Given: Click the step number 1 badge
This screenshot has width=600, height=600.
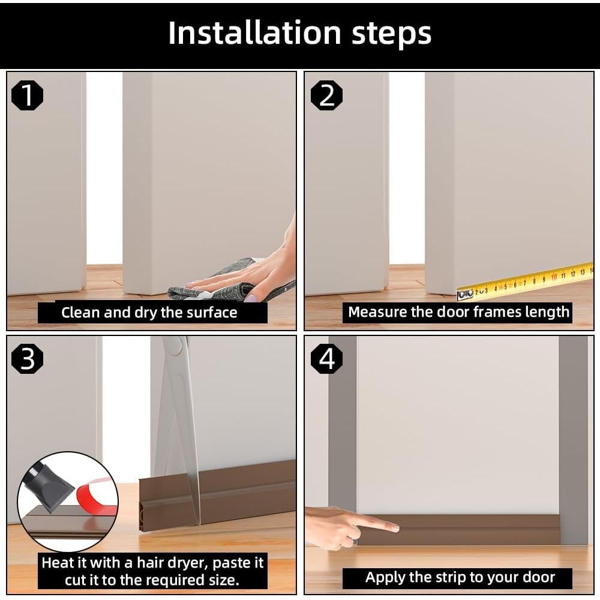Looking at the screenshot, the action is pos(27,95).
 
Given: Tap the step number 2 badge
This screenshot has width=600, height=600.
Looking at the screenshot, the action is pos(326,95).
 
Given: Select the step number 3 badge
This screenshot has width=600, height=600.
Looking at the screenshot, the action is pos(27,359).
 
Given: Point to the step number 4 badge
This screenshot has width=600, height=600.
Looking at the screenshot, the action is pos(326,359).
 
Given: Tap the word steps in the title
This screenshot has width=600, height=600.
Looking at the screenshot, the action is pos(391,34).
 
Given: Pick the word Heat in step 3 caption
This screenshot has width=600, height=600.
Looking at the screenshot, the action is pos(57,563).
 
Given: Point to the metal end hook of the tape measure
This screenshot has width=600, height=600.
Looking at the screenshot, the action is pos(466,294).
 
